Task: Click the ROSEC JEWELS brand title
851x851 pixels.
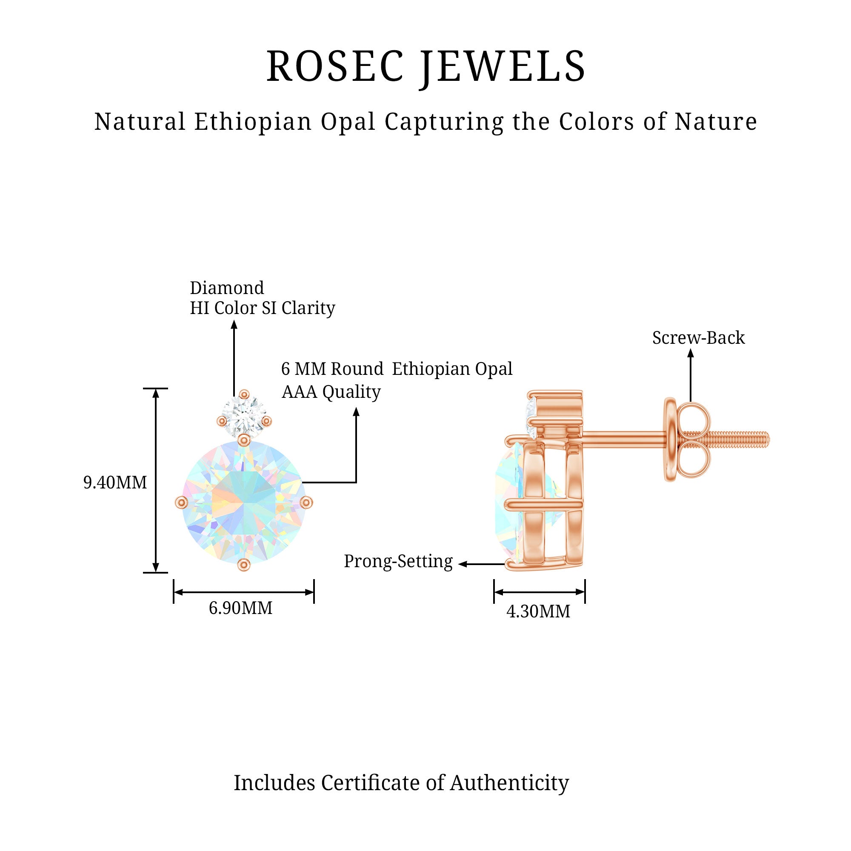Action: tap(425, 66)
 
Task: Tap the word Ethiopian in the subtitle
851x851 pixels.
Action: tap(253, 122)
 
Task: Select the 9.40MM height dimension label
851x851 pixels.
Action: tap(115, 483)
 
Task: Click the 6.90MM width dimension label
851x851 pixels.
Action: tap(240, 608)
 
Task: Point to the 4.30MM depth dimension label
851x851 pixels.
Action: tap(538, 611)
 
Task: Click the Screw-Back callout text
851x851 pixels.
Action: tap(699, 338)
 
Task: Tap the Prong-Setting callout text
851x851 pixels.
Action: tap(398, 562)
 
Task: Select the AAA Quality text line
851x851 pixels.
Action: tap(331, 392)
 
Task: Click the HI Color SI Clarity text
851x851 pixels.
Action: tap(263, 308)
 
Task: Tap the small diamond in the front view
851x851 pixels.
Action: tap(243, 417)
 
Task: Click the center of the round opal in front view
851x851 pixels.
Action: tap(243, 503)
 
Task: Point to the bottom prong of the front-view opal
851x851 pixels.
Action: tap(243, 565)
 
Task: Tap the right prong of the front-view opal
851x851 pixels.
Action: tap(306, 503)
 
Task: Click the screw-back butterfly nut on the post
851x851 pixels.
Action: tap(687, 439)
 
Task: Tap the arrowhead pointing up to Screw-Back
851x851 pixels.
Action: tap(690, 353)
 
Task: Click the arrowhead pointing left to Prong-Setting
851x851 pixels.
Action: tap(463, 564)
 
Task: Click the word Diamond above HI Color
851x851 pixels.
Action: tap(227, 288)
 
